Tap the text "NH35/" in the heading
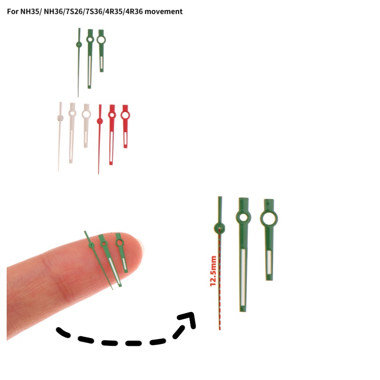tap(30, 11)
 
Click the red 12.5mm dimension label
tap(213, 271)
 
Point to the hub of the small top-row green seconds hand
tap(79, 45)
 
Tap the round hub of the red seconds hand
tap(100, 121)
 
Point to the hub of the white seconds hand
tap(60, 118)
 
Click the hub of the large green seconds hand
tap(219, 228)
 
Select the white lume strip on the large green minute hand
tap(243, 277)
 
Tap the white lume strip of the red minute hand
tap(112, 147)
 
